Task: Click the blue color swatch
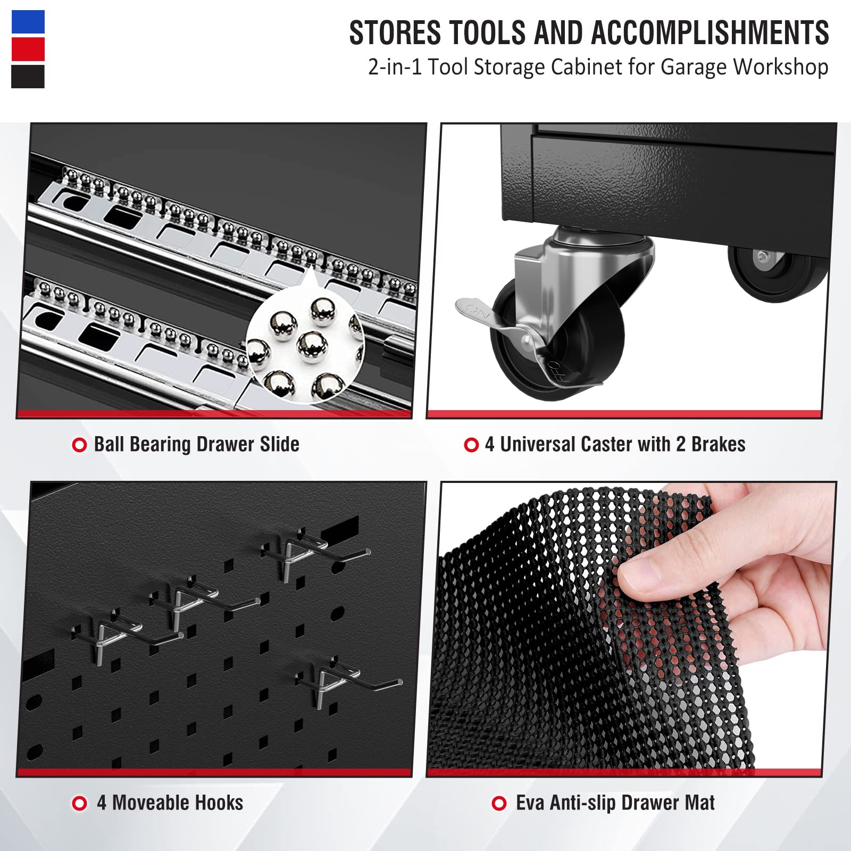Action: coord(28,22)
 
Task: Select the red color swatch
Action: coord(28,49)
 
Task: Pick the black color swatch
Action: coord(28,76)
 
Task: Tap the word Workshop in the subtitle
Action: coord(781,68)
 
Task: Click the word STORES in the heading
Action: coord(395,32)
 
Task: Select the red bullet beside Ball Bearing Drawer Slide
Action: coord(79,445)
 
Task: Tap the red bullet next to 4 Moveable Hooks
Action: coord(79,803)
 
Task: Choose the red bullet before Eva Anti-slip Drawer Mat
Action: coord(499,803)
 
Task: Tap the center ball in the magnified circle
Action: coord(312,346)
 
